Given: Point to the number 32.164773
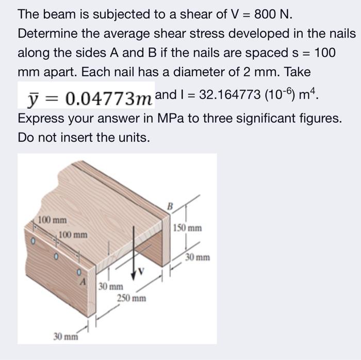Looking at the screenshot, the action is (x=230, y=94).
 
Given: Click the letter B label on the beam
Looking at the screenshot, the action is (x=170, y=206).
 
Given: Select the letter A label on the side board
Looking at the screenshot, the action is (x=83, y=281).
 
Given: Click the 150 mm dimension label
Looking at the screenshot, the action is (x=187, y=228).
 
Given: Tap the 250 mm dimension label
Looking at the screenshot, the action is (x=132, y=298).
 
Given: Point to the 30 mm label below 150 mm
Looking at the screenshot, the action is (x=198, y=257).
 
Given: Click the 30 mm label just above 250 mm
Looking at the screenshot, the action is (x=111, y=287).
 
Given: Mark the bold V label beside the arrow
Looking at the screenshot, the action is (x=141, y=272).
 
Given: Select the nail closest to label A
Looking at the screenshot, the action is (x=79, y=272).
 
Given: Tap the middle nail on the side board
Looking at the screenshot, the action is (x=56, y=256).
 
